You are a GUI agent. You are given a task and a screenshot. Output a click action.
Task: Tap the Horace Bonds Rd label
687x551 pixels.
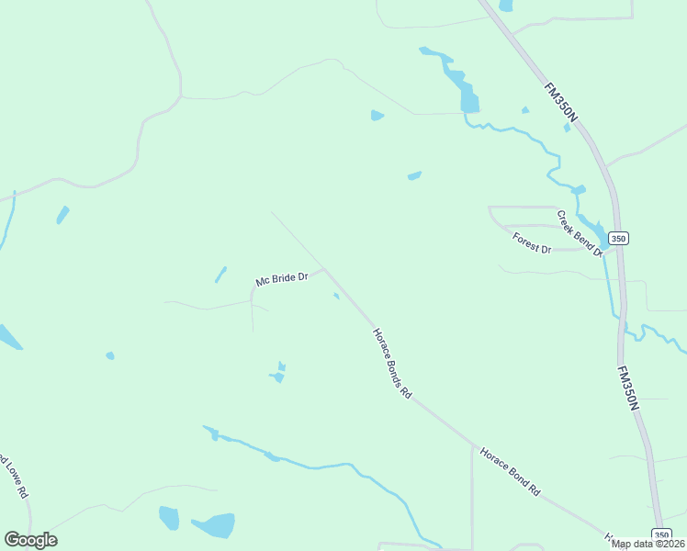pos(391,364)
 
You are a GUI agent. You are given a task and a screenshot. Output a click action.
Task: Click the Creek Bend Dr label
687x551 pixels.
pos(580,233)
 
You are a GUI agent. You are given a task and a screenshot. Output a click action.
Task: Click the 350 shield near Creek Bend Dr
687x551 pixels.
pos(619,238)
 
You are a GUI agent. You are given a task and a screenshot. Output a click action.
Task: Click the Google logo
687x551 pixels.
pos(30,539)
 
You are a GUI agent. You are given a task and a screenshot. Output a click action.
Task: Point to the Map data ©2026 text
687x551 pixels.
pos(648,544)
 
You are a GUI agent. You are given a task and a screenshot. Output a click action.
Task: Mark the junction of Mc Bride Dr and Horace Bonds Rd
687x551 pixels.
pos(322,269)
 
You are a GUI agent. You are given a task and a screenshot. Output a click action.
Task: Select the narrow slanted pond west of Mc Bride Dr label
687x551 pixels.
pos(220,274)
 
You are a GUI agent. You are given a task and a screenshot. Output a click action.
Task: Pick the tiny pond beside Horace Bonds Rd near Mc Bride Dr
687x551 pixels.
pos(336,296)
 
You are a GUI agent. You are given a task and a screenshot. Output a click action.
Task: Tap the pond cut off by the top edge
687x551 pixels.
pos(505,6)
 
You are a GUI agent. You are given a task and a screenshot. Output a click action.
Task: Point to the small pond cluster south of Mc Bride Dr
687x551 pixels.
pos(278,374)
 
